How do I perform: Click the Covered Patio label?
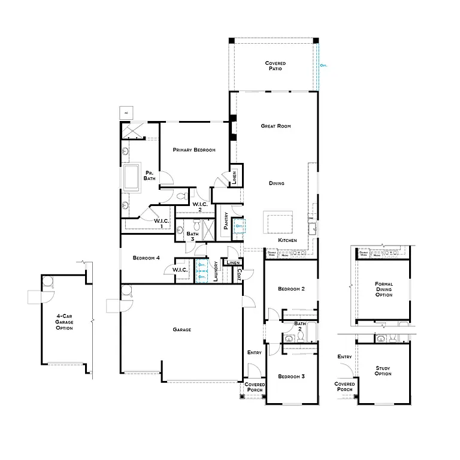pos(276,66)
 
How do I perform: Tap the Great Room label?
pos(276,126)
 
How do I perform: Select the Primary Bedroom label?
pos(194,150)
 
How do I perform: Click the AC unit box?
pos(126,113)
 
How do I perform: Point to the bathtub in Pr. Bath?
pos(131,177)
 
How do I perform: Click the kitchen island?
pos(279,222)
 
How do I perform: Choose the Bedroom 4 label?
pos(146,258)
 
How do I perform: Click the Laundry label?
pos(215,273)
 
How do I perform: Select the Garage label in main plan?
pos(182,329)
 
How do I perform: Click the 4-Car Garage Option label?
pos(65,321)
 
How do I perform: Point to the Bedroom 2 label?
pos(292,289)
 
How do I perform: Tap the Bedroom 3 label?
pos(292,376)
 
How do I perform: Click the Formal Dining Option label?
pos(383,289)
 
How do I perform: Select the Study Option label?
pos(383,370)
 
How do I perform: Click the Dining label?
pos(276,183)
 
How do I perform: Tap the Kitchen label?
pos(287,240)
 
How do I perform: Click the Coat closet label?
pos(239,274)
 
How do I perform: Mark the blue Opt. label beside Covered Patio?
pos(323,65)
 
